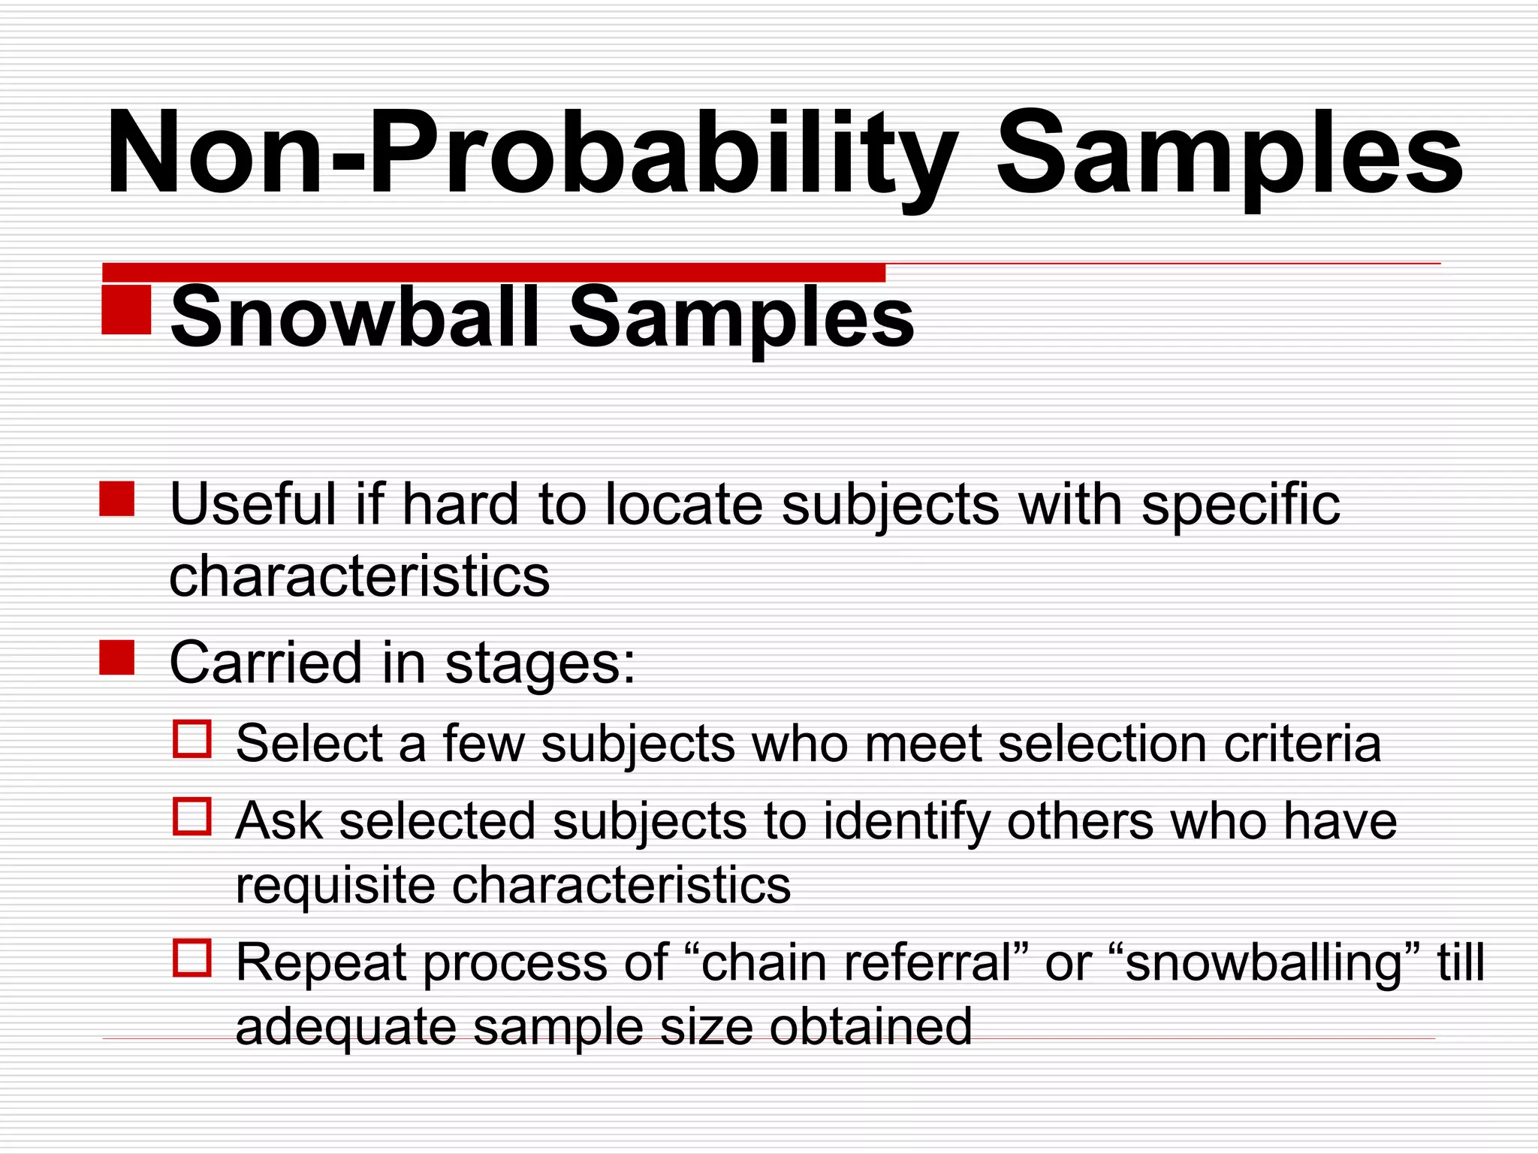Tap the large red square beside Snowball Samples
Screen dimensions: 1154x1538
click(x=126, y=309)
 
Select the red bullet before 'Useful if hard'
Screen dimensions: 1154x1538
click(x=117, y=499)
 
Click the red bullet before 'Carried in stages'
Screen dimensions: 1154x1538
click(x=117, y=657)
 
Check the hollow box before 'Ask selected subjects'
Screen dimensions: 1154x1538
click(x=192, y=816)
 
